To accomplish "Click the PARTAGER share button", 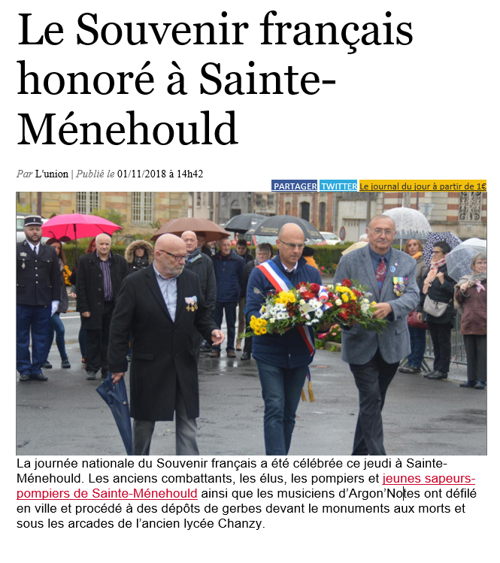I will (x=294, y=186).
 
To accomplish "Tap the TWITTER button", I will (x=338, y=186).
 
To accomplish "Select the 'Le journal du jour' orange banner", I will (x=423, y=186).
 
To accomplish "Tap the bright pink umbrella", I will (x=80, y=225).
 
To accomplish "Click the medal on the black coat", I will (x=191, y=303).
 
